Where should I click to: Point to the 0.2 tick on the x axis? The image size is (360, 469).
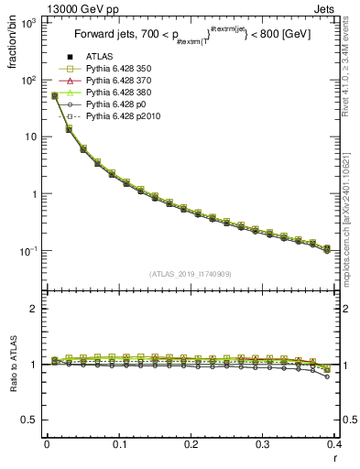(191, 445)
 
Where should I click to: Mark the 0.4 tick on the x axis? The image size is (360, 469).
(334, 445)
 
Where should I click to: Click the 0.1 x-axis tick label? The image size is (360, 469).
(118, 445)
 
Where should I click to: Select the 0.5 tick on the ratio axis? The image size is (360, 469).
(34, 420)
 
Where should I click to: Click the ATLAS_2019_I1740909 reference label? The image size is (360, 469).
(190, 274)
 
